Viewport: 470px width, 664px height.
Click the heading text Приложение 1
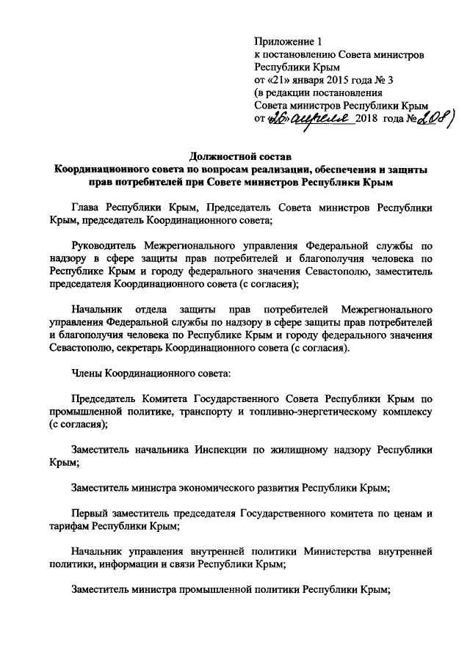[x=288, y=41]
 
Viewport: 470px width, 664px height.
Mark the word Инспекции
[x=220, y=450]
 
